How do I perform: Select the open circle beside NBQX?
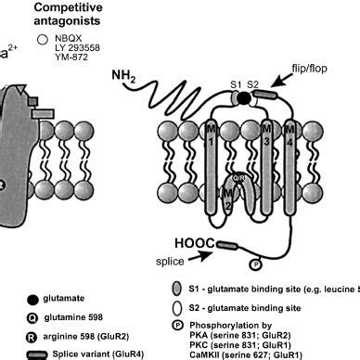tap(42, 39)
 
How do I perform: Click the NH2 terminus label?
tap(123, 74)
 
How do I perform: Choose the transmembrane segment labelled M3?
tap(268, 153)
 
